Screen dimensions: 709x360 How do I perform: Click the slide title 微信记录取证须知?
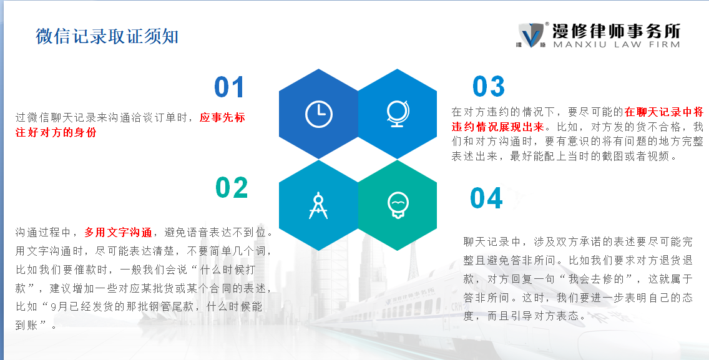point(107,36)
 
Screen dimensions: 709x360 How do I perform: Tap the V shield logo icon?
point(531,36)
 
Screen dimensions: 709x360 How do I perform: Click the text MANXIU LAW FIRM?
point(616,44)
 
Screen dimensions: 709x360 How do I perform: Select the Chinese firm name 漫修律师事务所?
point(616,31)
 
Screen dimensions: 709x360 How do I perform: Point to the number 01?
point(229,87)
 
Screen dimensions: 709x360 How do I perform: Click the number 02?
point(232,188)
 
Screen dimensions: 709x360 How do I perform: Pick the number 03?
point(488,86)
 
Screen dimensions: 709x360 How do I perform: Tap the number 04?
point(486,198)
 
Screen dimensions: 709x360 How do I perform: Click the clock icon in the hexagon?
point(319,114)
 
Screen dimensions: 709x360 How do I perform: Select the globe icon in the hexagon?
point(398,114)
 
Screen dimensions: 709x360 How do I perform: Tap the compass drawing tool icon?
point(318,206)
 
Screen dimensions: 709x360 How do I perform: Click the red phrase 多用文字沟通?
point(118,233)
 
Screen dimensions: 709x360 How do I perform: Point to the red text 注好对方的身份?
point(56,132)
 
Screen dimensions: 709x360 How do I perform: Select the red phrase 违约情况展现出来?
point(498,127)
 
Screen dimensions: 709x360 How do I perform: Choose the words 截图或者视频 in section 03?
point(635,157)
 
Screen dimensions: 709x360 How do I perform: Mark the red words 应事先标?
point(222,117)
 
